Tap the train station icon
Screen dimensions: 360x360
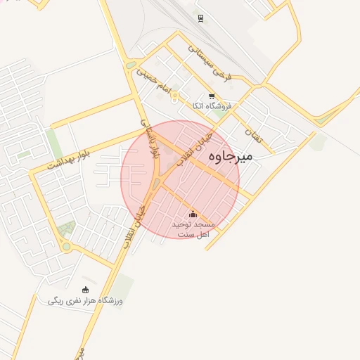point(200,18)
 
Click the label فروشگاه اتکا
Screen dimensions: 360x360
point(217,106)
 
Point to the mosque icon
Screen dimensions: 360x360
point(193,214)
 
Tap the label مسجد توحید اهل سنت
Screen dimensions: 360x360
point(193,228)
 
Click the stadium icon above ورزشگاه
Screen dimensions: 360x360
point(86,289)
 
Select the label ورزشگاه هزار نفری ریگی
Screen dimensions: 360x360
point(86,301)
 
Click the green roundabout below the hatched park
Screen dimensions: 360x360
point(67,246)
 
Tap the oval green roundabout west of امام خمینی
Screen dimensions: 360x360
point(131,66)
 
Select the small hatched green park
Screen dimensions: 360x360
point(67,228)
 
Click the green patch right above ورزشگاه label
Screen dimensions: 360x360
point(124,283)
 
